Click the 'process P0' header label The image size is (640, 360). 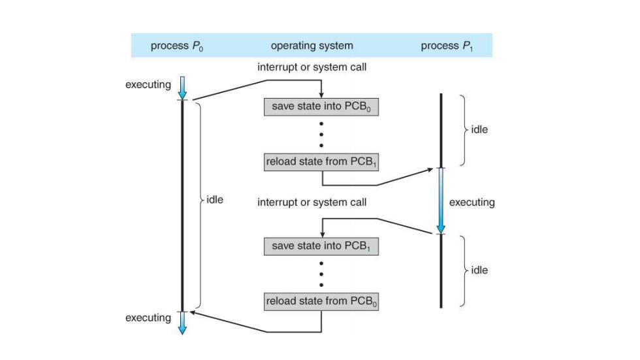[177, 46]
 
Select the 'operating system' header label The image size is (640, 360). [312, 46]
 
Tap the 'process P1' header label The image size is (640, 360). [447, 46]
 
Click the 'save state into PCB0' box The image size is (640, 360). [321, 107]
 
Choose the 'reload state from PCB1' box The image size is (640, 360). [321, 162]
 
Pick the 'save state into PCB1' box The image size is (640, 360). [321, 246]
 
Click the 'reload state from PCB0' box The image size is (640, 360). [321, 302]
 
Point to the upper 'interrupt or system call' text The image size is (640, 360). [312, 67]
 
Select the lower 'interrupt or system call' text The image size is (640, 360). [312, 203]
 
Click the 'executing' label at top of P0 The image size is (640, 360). [148, 85]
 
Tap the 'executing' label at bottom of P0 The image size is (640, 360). [148, 318]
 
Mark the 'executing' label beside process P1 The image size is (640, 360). [472, 203]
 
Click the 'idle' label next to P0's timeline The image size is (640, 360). [215, 199]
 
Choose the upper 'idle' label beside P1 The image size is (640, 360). [479, 129]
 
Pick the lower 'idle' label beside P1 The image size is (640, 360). [479, 270]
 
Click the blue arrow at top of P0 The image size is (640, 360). [182, 88]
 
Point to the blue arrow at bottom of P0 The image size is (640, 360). [182, 323]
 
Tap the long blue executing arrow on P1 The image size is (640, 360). [441, 201]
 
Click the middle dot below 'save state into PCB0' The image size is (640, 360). [321, 135]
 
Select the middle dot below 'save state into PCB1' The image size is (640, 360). [321, 274]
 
